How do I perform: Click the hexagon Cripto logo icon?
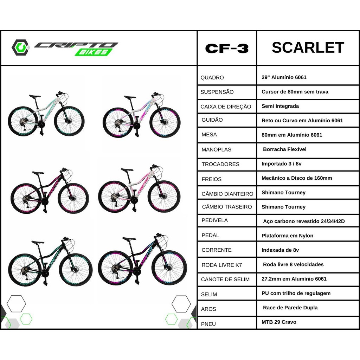20,47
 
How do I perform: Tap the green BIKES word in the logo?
94,52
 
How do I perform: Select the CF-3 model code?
227,49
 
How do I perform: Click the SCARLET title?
308,47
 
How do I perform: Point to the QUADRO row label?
212,78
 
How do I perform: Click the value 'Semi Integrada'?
280,106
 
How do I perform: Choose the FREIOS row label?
211,179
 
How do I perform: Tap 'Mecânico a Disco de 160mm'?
297,178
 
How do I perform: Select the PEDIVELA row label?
215,220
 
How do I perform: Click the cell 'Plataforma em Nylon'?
287,236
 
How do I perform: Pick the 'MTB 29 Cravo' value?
279,322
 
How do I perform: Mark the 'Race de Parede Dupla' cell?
290,308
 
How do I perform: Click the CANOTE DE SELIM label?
225,279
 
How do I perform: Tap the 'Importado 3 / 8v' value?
281,164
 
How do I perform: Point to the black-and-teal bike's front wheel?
76,270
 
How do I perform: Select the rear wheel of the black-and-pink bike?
26,198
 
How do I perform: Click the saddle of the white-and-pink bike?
127,170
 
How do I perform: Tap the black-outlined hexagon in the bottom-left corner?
16,304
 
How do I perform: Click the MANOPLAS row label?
216,149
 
